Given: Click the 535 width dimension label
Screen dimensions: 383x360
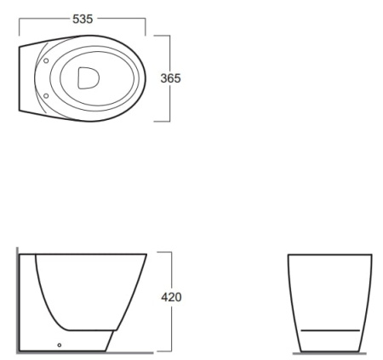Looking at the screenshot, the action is pos(83,19).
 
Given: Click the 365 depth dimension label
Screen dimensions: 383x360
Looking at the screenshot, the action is pos(170,78).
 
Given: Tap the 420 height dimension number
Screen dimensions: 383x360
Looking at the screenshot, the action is pos(171,297).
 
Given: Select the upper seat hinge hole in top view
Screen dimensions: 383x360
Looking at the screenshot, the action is pos(46,60).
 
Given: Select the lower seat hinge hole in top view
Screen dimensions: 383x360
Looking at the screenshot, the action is pos(46,96).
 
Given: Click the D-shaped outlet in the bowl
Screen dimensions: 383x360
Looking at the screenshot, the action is pos(89,78).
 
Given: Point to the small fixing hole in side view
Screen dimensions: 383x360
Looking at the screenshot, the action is pos(60,345).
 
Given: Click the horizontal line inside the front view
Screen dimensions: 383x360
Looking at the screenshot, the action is pos(330,330).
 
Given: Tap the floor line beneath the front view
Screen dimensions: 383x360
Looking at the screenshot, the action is pos(329,353).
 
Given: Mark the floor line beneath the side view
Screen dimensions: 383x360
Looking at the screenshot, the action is pos(85,353).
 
